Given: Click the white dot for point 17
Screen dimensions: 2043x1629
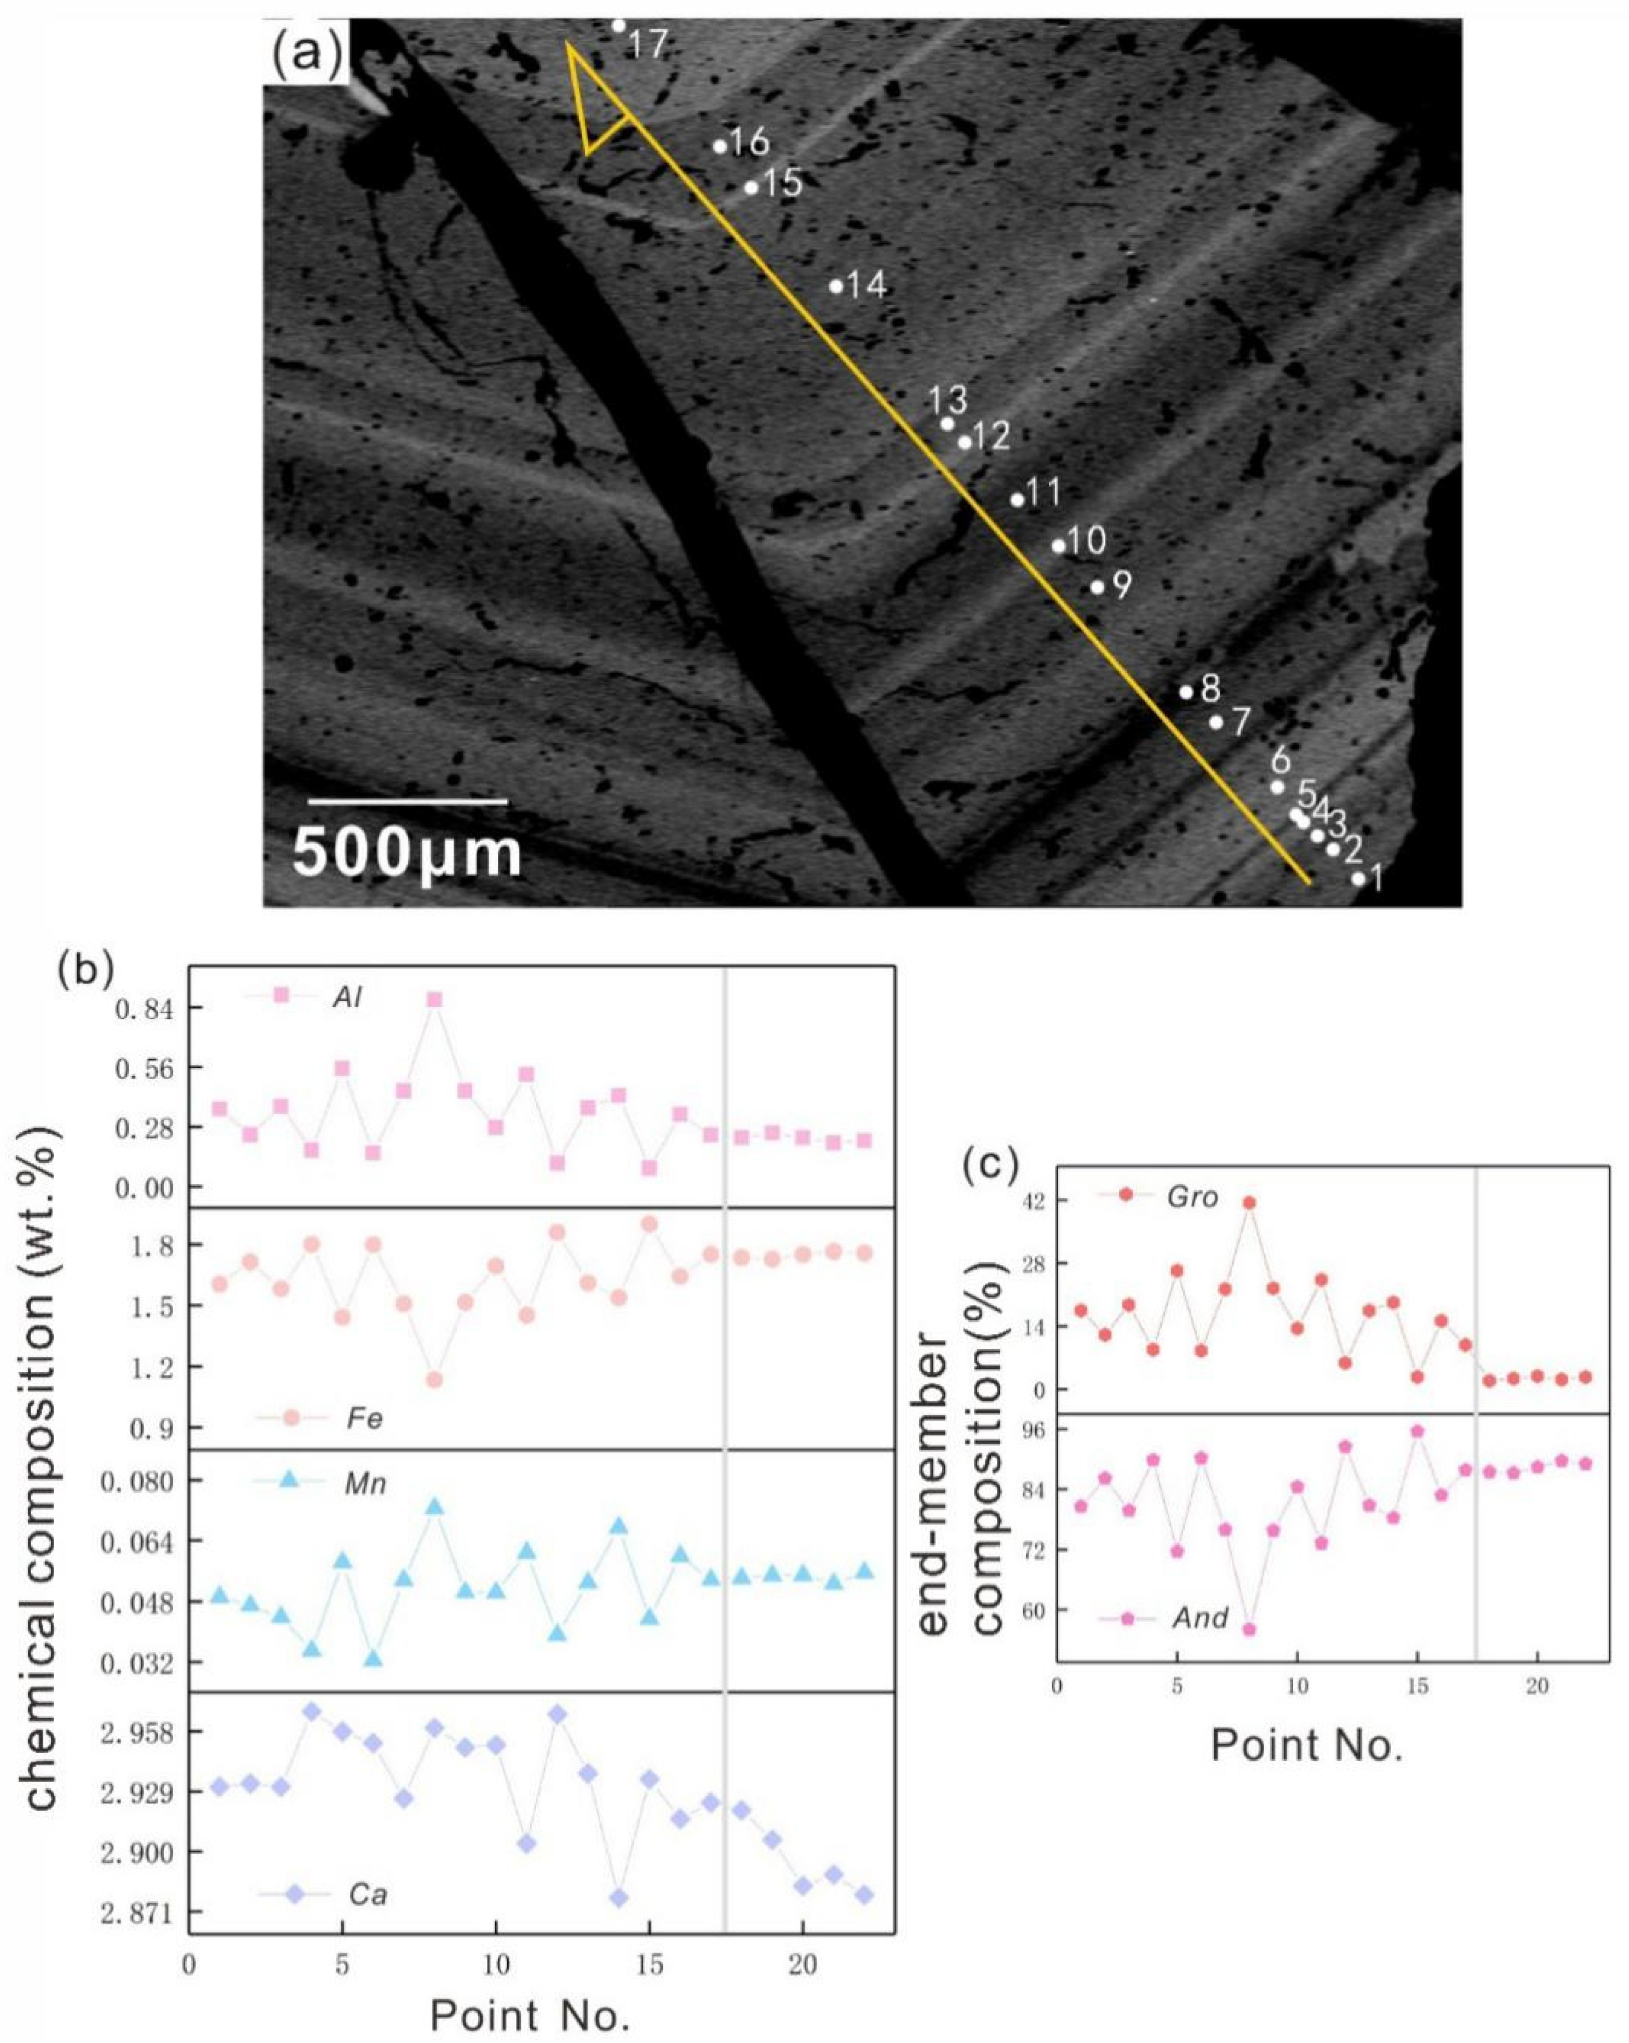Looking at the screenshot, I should point(618,26).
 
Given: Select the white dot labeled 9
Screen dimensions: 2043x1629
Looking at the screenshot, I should point(1097,587).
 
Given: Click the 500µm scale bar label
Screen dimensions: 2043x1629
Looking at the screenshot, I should point(408,853).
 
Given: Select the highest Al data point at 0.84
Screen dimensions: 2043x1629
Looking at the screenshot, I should point(434,1000).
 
